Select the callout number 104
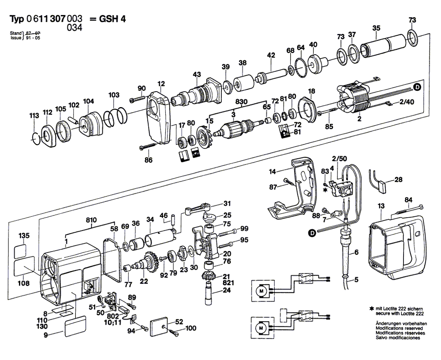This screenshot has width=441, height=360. point(89,101)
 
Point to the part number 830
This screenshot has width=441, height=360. point(241,101)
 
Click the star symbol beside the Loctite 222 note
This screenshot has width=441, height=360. point(372,310)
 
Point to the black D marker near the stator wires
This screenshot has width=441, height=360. point(417,88)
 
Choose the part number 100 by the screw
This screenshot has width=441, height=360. point(191,328)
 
